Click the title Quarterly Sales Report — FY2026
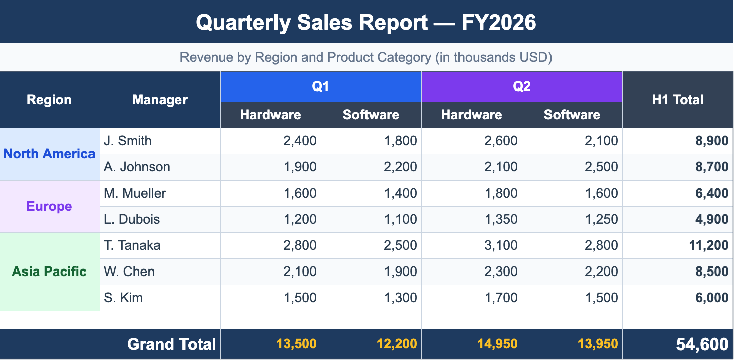[366, 23]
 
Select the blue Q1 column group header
[321, 86]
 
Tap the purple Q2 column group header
[522, 86]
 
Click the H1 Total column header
[677, 100]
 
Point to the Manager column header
[160, 100]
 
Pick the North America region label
[49, 154]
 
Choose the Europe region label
[49, 206]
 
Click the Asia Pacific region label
[49, 272]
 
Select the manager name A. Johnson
[137, 167]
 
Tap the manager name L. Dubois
[132, 219]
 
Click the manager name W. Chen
[129, 272]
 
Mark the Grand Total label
[171, 344]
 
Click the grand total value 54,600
[702, 344]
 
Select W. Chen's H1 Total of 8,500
[712, 272]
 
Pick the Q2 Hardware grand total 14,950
[497, 344]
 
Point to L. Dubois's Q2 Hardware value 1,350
[501, 219]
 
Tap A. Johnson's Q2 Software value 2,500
[601, 167]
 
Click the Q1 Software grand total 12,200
[397, 344]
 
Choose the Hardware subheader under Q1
[270, 115]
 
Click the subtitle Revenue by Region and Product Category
[366, 57]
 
